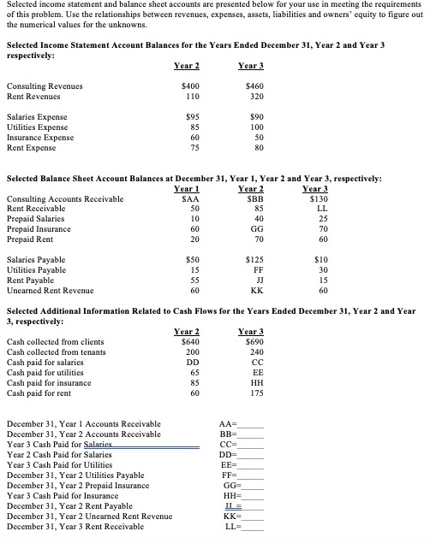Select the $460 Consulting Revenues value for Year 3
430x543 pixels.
pyautogui.click(x=254, y=86)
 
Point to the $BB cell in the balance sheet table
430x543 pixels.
pyautogui.click(x=253, y=199)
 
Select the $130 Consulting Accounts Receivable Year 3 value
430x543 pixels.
pyautogui.click(x=316, y=199)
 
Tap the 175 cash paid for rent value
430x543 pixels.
pyautogui.click(x=254, y=383)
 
